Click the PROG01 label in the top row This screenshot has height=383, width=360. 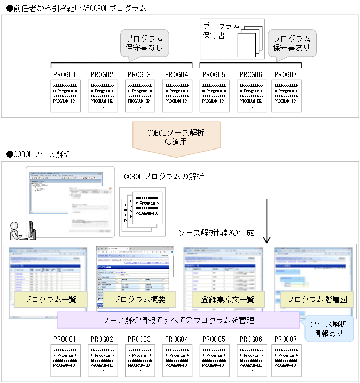tap(65, 75)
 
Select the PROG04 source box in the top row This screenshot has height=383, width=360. tap(177, 96)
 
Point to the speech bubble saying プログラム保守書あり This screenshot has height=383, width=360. tap(292, 43)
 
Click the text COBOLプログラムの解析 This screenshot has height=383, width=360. tap(163, 176)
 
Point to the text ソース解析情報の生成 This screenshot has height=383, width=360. tap(216, 233)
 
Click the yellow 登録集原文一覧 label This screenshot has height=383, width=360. tap(224, 300)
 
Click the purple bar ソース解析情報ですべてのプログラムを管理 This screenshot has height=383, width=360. tap(178, 321)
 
